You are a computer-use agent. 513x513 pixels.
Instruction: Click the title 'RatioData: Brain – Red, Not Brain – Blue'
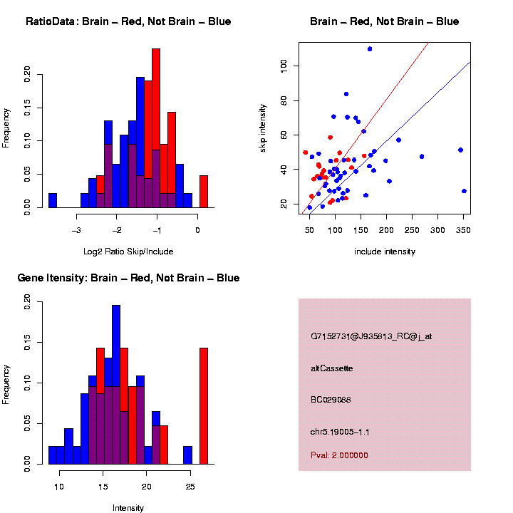(128, 21)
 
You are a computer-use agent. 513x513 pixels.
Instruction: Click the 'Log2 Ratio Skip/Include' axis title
(128, 252)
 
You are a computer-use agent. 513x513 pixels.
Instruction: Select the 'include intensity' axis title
(385, 252)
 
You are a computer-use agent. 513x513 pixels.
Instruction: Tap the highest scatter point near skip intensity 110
(370, 48)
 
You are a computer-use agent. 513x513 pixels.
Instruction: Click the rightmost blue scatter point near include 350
(464, 191)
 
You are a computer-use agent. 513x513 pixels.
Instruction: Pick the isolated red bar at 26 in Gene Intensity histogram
(204, 406)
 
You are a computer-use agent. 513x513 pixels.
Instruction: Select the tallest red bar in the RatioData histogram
(156, 114)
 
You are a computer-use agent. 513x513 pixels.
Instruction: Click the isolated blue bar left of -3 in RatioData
(53, 200)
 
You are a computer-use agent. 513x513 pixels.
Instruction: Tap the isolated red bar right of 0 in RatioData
(204, 192)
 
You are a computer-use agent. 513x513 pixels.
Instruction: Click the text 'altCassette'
(332, 368)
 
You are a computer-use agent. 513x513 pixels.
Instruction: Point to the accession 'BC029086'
(331, 400)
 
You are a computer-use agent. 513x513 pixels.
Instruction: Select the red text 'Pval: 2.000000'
(339, 455)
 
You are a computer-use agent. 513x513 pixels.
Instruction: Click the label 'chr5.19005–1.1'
(340, 432)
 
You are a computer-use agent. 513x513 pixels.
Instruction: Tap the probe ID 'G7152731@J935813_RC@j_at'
(370, 336)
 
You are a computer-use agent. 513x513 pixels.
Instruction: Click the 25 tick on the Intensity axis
(190, 487)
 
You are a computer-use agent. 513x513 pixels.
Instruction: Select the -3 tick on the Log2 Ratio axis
(76, 230)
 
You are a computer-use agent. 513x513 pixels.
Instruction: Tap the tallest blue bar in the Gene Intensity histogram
(116, 385)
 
